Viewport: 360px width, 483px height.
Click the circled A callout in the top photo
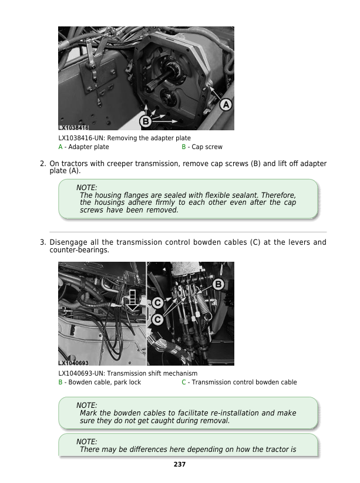(226, 105)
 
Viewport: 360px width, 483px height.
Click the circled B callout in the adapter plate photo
(145, 121)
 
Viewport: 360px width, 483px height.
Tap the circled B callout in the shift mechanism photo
(218, 285)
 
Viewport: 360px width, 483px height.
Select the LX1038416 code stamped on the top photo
(73, 127)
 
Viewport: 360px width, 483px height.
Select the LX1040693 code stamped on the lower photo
(73, 363)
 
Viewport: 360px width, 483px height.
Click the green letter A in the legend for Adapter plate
(60, 147)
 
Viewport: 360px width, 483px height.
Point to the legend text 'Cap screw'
(207, 147)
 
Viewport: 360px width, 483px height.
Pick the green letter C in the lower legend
(183, 382)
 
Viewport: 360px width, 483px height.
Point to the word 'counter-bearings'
(75, 250)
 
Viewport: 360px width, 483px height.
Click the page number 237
(180, 464)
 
